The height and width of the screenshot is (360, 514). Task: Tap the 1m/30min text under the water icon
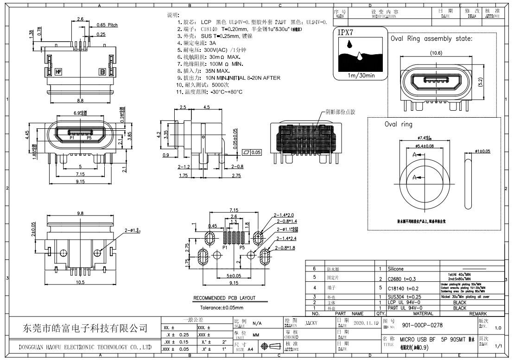[x=361, y=76]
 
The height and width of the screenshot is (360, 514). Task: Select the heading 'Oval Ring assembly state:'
[x=431, y=39]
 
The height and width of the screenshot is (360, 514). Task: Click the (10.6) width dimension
[x=436, y=53]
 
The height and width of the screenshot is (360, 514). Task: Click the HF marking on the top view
[x=59, y=72]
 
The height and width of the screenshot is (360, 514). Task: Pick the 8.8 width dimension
[x=80, y=100]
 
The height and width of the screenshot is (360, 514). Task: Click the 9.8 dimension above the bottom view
[x=81, y=214]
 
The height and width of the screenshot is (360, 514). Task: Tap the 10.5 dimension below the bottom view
[x=80, y=282]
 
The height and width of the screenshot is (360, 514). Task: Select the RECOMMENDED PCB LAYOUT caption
[x=224, y=298]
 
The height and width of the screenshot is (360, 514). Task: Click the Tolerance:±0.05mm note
[x=222, y=307]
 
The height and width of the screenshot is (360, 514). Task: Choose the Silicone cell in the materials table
[x=397, y=268]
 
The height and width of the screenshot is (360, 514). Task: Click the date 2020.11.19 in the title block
[x=366, y=322]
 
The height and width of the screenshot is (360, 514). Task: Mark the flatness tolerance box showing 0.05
[x=252, y=152]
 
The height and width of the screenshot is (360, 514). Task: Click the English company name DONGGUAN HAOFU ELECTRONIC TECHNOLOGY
[x=85, y=347]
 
